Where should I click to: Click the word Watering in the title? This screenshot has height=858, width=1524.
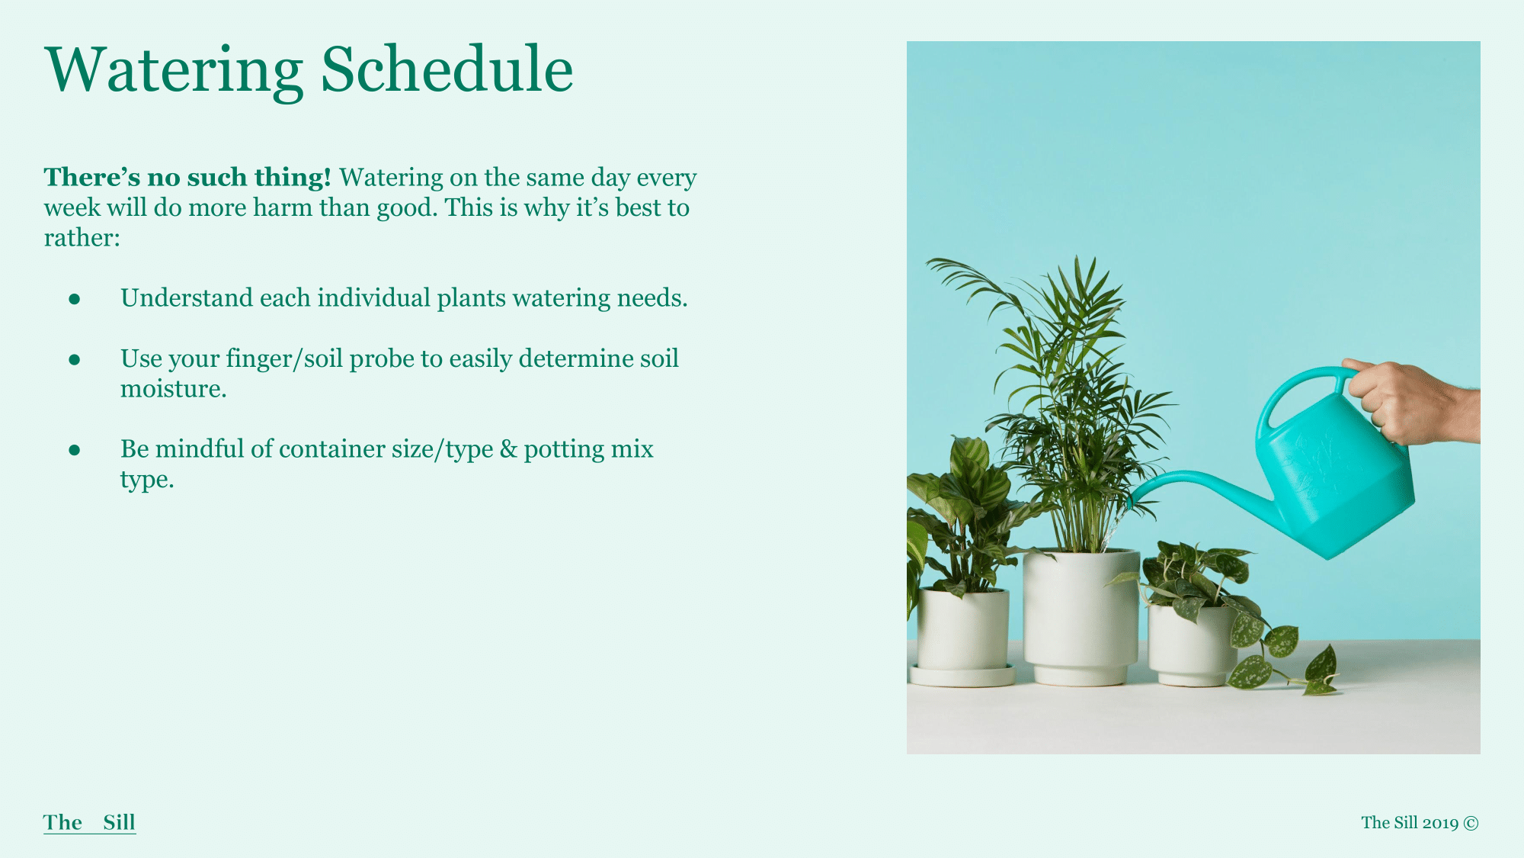point(174,71)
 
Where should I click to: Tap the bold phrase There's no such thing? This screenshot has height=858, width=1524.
point(187,177)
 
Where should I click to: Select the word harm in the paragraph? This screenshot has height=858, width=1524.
point(283,207)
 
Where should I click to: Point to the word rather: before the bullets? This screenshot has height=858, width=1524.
point(82,238)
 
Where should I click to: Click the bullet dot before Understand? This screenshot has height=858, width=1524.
point(75,299)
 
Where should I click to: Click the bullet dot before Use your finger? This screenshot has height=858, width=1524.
point(75,359)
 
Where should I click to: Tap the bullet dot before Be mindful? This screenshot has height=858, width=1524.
point(75,450)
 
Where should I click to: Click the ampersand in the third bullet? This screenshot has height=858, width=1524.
point(508,449)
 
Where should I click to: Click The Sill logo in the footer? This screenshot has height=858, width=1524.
point(90,822)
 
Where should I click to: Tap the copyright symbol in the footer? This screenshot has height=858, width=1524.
point(1471,823)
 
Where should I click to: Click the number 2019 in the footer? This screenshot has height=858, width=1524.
point(1440,823)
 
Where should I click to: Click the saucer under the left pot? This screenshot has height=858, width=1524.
point(962,676)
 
